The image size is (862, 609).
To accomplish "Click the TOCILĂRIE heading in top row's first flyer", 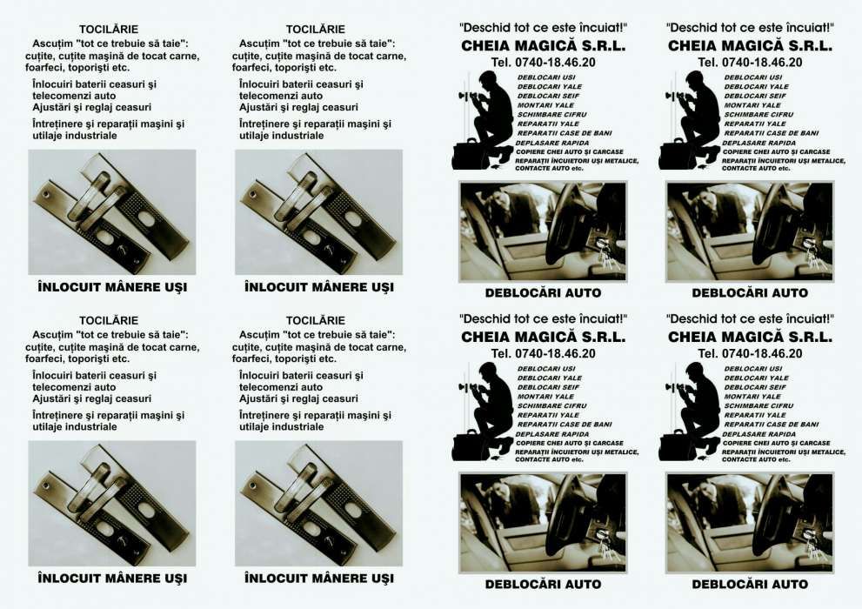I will (109, 30).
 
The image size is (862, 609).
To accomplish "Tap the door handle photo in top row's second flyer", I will (318, 212).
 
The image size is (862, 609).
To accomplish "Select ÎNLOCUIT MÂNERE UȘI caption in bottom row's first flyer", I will (112, 578).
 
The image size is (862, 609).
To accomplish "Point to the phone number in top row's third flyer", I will (543, 62).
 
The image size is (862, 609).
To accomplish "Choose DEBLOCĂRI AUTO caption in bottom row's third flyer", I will (543, 584).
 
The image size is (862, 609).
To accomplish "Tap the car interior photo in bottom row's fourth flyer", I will (750, 522).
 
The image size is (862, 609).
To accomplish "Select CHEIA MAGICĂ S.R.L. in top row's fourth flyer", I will (750, 45).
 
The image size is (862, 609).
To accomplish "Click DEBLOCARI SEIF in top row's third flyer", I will (548, 96).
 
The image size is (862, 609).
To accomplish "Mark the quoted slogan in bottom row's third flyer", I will (543, 319).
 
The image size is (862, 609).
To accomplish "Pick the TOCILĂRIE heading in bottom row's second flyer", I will (315, 321).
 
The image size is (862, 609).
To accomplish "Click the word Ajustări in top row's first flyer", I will (55, 107).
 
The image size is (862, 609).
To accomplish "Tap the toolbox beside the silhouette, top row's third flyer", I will (468, 155).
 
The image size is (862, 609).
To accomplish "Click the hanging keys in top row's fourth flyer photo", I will (810, 252).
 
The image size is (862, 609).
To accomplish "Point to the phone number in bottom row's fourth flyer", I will (750, 353).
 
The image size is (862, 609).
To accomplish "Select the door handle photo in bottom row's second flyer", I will (318, 504).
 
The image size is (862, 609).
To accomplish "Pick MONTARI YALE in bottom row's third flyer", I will (545, 397).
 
